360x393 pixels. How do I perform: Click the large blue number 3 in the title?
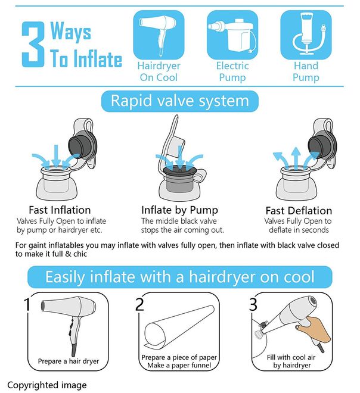click(x=33, y=45)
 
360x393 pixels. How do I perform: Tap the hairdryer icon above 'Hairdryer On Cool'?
click(x=159, y=35)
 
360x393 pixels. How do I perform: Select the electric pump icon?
click(x=232, y=35)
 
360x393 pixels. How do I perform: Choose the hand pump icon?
click(x=306, y=35)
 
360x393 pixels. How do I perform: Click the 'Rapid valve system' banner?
click(x=179, y=101)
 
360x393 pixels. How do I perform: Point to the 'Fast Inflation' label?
click(x=60, y=210)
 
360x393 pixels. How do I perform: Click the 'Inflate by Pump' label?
click(x=179, y=210)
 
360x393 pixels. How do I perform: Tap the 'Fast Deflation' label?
click(x=299, y=211)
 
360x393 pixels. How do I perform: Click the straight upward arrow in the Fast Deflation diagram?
click(x=296, y=158)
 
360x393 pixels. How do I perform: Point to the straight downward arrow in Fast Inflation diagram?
click(x=56, y=156)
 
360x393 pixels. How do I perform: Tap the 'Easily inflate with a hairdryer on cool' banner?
click(x=179, y=277)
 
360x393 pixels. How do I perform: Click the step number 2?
click(x=139, y=304)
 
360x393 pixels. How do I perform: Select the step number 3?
click(x=253, y=304)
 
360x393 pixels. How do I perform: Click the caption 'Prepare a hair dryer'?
click(x=69, y=361)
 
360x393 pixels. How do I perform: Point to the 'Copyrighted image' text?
click(x=47, y=385)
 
